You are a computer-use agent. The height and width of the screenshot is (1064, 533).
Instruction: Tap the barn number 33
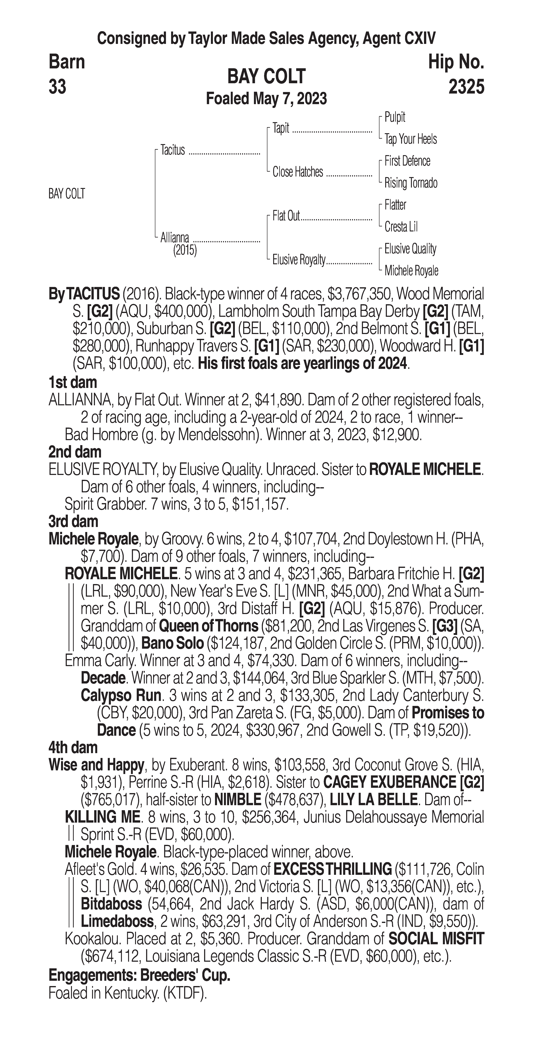coord(57,87)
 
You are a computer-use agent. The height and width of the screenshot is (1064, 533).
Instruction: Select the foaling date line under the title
coord(266,99)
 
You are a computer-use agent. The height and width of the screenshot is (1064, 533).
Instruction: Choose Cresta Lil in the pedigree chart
coord(401,227)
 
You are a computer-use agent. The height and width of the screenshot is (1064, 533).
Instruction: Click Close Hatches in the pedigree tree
coord(298,172)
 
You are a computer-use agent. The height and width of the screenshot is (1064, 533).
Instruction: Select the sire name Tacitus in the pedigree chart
coord(173,150)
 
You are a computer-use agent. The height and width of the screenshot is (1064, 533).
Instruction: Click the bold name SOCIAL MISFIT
coord(436,939)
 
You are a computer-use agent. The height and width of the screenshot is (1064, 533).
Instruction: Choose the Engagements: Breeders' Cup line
coord(139,975)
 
